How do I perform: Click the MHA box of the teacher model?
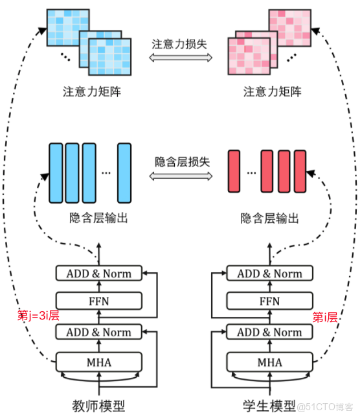click(x=98, y=362)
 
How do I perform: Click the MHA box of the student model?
click(x=269, y=362)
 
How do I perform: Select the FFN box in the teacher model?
click(x=98, y=301)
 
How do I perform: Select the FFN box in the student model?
click(x=269, y=301)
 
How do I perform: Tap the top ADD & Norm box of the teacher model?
click(x=98, y=273)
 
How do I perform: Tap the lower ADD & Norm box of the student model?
click(x=269, y=332)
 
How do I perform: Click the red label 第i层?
click(x=326, y=317)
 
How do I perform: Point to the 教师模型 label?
click(x=98, y=406)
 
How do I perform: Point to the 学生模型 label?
click(x=269, y=406)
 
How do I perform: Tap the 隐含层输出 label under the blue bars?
click(x=98, y=218)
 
